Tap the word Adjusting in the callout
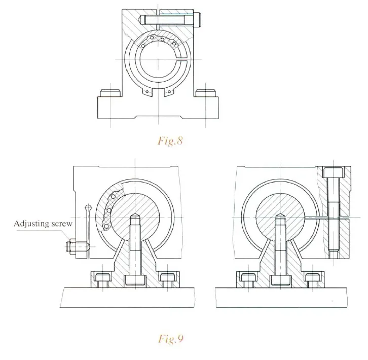tap(30, 223)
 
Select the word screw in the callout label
tap(62, 223)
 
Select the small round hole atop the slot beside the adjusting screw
tap(89, 207)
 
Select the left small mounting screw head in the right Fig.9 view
tap(248, 277)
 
